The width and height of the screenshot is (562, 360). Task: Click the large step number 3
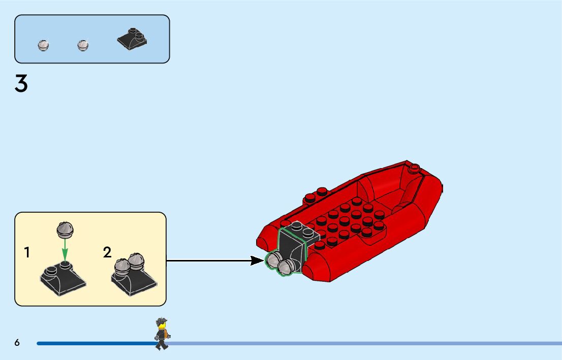pyautogui.click(x=21, y=84)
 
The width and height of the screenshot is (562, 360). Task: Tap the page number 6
pyautogui.click(x=17, y=343)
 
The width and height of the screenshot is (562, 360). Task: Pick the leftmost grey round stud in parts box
pyautogui.click(x=44, y=45)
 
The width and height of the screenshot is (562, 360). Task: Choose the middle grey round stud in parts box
pyautogui.click(x=83, y=45)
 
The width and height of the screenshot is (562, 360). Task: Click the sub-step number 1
pyautogui.click(x=27, y=252)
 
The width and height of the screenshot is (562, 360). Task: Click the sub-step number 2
pyautogui.click(x=107, y=252)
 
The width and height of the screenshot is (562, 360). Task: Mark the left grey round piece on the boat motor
pyautogui.click(x=273, y=260)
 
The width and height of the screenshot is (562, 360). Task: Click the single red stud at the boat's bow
pyautogui.click(x=414, y=167)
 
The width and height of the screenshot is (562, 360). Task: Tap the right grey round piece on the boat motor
pyautogui.click(x=286, y=266)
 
